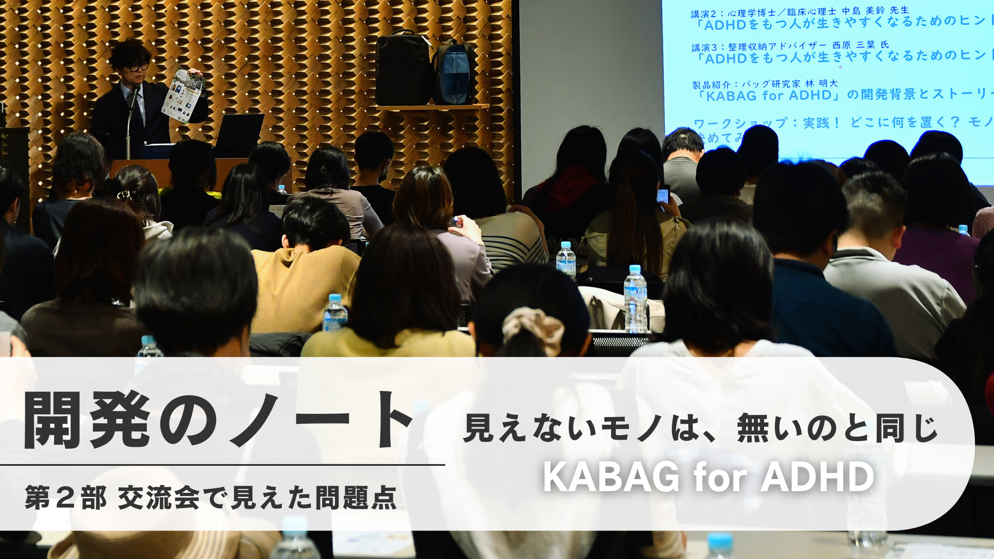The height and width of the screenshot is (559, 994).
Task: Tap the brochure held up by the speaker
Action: [x=183, y=95]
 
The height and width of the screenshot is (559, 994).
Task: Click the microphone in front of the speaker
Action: [x=134, y=96]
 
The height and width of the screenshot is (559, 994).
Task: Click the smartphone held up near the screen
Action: [x=663, y=195]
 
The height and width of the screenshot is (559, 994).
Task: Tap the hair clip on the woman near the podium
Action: [x=124, y=194]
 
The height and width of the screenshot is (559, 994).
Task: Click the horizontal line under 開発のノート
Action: [x=222, y=465]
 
